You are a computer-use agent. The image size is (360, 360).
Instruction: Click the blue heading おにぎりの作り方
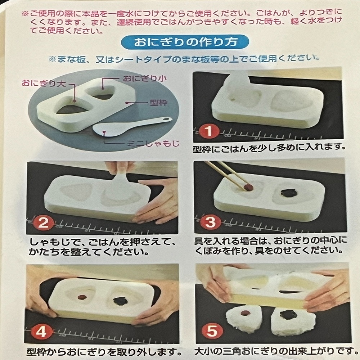pyautogui.click(x=186, y=42)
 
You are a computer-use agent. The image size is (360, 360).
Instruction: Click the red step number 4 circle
pyautogui.click(x=41, y=332)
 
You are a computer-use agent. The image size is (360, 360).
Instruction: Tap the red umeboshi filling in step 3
pyautogui.click(x=248, y=187)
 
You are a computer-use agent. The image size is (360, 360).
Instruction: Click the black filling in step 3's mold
pyautogui.click(x=289, y=193)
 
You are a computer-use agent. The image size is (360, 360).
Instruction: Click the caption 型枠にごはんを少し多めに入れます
pyautogui.click(x=270, y=147)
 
